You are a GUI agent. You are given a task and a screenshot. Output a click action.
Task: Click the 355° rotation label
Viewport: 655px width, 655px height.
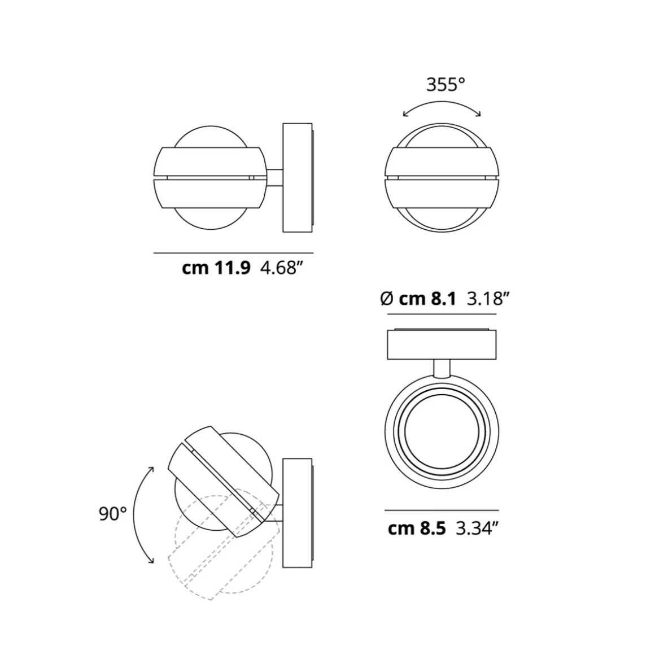[x=445, y=85]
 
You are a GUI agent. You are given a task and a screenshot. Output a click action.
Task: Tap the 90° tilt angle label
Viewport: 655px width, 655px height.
[x=112, y=514]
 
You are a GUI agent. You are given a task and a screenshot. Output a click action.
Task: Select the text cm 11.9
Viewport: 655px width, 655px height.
[x=216, y=268]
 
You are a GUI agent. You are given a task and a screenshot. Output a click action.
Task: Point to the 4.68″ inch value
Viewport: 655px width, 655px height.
[x=278, y=268]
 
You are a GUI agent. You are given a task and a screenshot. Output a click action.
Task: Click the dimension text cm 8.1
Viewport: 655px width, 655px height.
[x=427, y=299]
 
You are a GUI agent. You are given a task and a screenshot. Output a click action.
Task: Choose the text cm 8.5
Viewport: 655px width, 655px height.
[x=417, y=529]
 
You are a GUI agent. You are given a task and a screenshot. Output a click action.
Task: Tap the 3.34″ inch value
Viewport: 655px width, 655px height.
[x=477, y=529]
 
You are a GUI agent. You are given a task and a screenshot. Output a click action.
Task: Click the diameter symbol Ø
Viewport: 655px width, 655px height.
[x=387, y=299]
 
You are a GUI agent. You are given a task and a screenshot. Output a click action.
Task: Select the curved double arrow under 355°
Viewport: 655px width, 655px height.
[x=442, y=106]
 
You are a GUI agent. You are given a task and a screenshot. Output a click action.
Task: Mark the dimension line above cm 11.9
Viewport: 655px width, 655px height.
[x=233, y=253]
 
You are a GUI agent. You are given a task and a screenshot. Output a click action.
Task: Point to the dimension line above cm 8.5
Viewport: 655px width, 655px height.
[x=442, y=510]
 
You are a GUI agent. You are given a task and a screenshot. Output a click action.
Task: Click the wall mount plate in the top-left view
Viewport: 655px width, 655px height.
[x=297, y=177]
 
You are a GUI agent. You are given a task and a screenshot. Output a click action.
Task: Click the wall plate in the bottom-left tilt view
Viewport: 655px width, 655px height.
[x=297, y=513]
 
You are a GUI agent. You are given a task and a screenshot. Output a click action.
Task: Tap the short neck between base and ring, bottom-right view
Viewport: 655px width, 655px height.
[x=442, y=368]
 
